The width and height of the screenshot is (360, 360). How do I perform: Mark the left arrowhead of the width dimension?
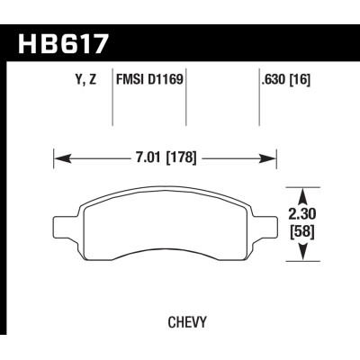58,159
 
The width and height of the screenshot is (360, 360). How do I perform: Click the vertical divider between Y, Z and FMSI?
112,99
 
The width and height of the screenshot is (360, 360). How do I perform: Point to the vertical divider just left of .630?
258,99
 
